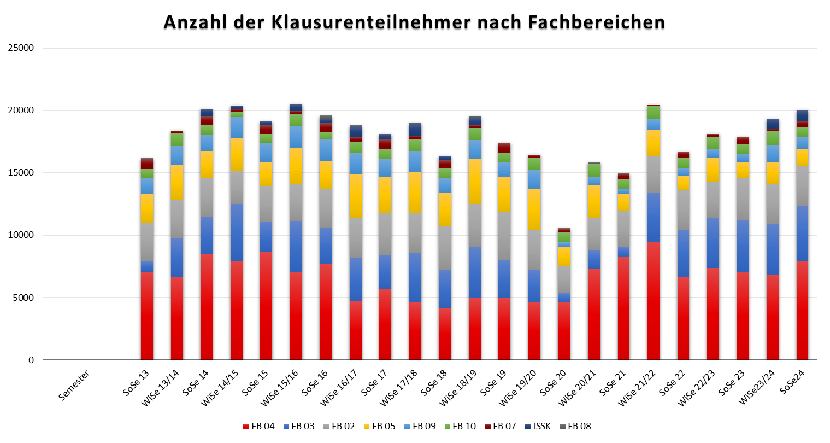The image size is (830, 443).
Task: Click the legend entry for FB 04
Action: coord(258,426)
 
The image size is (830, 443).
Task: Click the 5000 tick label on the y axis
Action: coord(23,298)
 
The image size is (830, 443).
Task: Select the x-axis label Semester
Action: coord(74,386)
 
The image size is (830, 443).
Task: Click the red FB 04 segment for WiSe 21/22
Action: coord(654,301)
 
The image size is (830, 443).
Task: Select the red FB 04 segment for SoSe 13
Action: coord(147,316)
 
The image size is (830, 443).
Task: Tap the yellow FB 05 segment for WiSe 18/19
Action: coord(474,182)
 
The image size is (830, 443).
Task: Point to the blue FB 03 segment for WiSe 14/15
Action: coord(237,232)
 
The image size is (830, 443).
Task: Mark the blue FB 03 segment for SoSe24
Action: coord(802,234)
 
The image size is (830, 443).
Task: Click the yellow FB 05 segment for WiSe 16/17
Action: coord(355,196)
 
